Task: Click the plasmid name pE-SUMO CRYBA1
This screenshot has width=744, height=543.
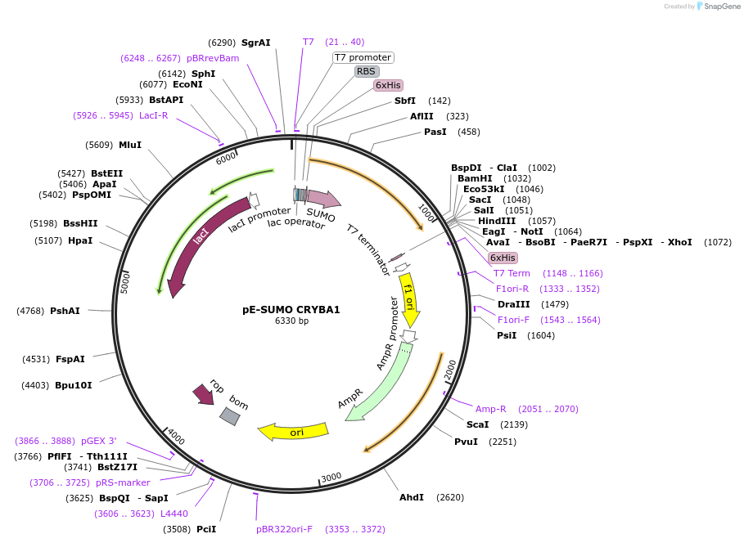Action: click(x=291, y=310)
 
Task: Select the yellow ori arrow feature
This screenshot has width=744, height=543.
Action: click(x=293, y=431)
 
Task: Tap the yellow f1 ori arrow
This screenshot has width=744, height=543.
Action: click(x=408, y=298)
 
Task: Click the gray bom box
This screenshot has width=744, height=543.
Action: click(x=230, y=416)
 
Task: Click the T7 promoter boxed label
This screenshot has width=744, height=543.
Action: click(x=363, y=57)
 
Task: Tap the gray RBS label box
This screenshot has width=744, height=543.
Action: click(x=366, y=71)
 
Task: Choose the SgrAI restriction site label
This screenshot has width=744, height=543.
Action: click(x=255, y=43)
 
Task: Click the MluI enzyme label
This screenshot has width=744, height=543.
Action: click(x=130, y=145)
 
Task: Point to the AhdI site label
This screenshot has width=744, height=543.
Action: click(x=412, y=497)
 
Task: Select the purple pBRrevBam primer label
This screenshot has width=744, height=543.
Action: click(x=213, y=58)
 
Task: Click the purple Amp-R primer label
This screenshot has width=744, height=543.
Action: click(x=491, y=408)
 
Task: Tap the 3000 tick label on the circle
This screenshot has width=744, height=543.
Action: click(x=331, y=478)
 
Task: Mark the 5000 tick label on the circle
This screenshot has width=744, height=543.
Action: click(x=124, y=283)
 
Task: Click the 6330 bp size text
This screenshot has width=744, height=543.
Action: click(x=291, y=321)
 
